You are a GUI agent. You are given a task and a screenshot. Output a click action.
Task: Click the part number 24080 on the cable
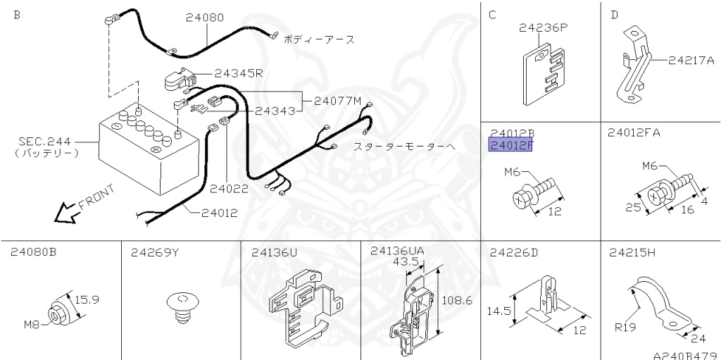point(205,18)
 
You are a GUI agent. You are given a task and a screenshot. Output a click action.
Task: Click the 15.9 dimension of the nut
point(87,299)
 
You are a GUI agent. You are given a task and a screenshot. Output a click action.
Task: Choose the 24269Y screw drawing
point(180,308)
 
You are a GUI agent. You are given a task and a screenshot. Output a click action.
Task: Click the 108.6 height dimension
point(457,300)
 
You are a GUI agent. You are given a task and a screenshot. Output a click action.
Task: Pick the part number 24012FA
point(634,132)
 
